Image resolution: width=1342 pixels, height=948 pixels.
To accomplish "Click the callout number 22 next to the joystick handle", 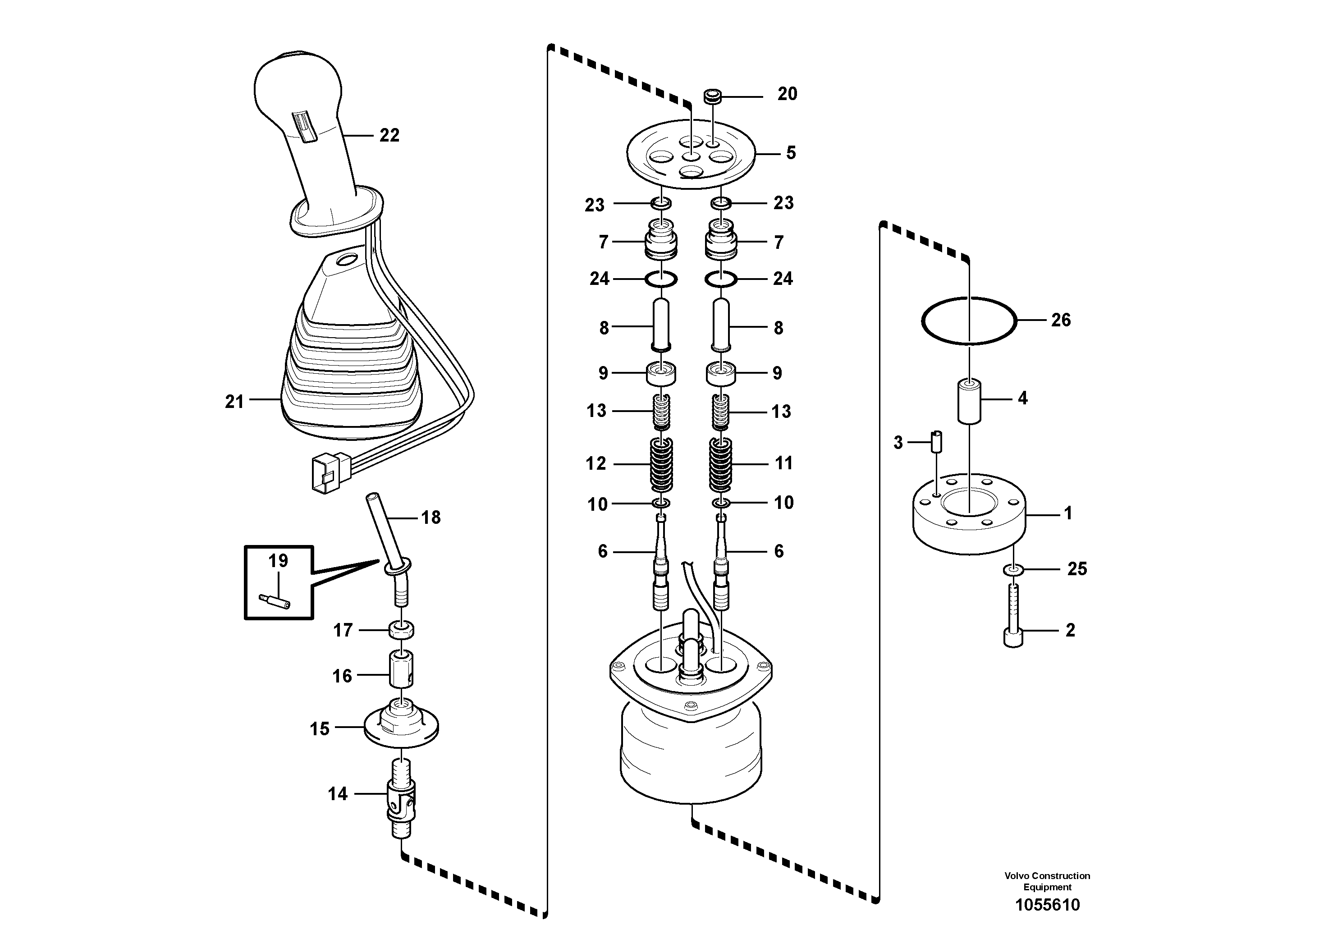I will coord(389,135).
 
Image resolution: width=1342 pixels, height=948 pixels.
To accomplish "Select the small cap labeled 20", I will coord(711,96).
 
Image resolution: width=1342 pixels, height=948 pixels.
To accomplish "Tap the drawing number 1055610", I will coord(1048,905).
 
